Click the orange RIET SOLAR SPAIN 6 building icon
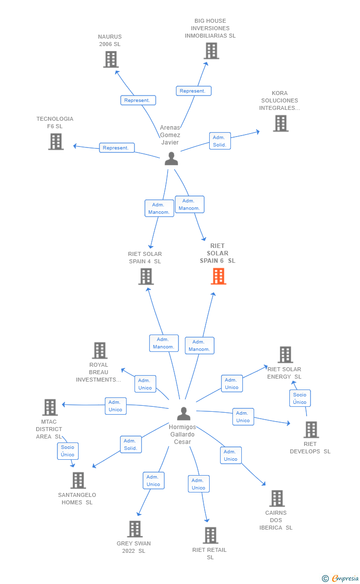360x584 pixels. (x=219, y=276)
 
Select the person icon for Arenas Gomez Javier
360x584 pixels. (x=171, y=159)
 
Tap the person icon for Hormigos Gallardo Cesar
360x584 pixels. (x=183, y=413)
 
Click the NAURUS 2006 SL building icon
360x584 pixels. (x=111, y=59)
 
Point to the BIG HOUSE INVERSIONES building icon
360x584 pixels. (x=212, y=50)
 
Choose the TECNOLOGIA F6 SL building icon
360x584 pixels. (x=56, y=142)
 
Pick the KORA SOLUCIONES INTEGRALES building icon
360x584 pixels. (x=281, y=123)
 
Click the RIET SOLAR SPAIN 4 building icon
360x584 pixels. (x=146, y=277)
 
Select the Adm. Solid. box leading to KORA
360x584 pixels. (x=220, y=141)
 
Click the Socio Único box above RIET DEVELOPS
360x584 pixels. (x=300, y=398)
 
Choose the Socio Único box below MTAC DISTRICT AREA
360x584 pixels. (x=68, y=451)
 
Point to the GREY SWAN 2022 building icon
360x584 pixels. (x=135, y=529)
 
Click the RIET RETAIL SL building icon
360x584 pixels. (x=210, y=535)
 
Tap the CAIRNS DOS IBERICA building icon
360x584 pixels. (x=277, y=498)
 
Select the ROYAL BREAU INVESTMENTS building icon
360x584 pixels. (x=100, y=350)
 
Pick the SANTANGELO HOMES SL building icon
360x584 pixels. (x=78, y=481)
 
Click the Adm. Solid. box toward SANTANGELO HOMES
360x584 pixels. (x=131, y=444)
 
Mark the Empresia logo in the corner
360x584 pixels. (x=341, y=579)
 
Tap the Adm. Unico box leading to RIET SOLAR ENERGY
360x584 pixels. (x=231, y=384)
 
